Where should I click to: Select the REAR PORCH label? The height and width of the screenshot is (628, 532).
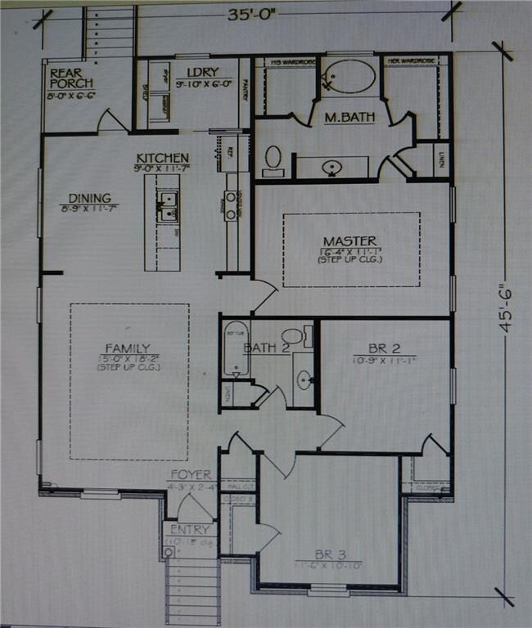coord(71,78)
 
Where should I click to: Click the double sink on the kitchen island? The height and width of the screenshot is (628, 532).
coord(166,206)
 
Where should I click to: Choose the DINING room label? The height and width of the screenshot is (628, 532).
coord(89,198)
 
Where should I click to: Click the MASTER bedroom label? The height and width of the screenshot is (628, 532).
coord(349,241)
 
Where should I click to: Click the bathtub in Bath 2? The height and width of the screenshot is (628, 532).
coord(235,348)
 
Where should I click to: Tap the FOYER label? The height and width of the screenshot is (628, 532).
coord(190,474)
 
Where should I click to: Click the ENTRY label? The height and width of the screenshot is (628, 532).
coord(190,530)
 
